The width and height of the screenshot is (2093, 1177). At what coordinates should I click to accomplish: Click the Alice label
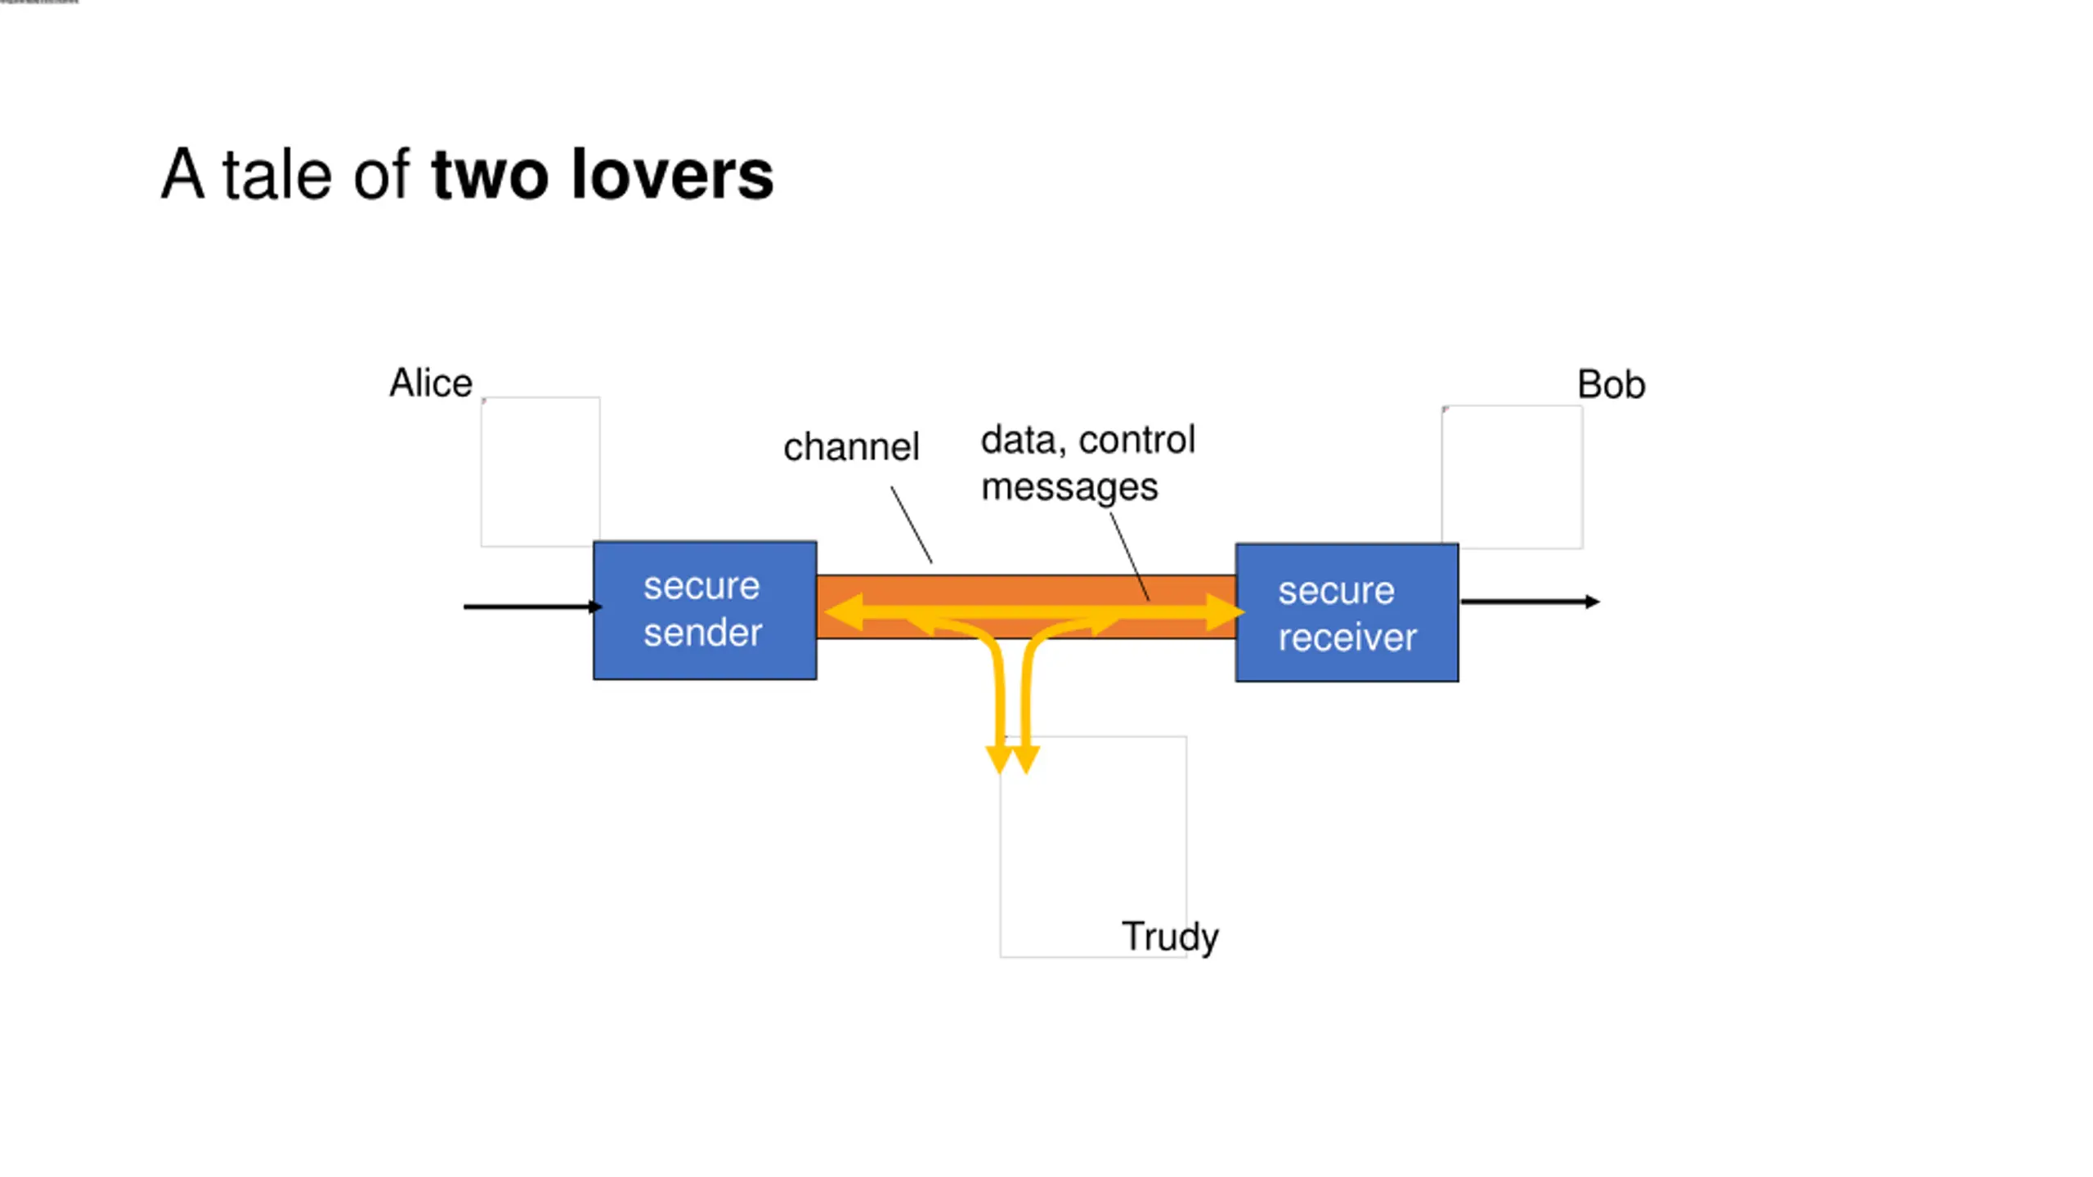(x=431, y=383)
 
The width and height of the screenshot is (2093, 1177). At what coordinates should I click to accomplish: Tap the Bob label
(x=1611, y=385)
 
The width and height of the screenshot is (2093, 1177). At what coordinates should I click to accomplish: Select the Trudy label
(x=1170, y=937)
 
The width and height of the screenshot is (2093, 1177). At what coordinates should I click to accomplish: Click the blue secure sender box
(x=705, y=610)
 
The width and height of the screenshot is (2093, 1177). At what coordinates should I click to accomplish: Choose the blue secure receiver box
(x=1347, y=612)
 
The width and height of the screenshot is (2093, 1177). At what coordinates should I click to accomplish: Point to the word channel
(x=851, y=447)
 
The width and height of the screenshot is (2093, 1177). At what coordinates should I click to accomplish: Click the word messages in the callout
(x=1069, y=488)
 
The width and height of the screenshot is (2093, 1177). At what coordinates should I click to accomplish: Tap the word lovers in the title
(x=672, y=175)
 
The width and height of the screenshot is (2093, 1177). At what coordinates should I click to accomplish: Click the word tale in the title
(x=277, y=175)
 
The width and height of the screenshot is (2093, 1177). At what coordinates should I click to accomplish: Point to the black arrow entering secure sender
(x=533, y=606)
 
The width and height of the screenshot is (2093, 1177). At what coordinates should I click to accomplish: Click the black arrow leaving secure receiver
(x=1530, y=602)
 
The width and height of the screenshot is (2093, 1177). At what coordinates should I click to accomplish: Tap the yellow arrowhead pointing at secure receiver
(x=1225, y=612)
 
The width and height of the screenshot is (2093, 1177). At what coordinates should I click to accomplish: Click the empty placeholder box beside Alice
(x=540, y=472)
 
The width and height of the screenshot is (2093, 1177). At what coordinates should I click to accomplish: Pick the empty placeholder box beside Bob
(x=1512, y=477)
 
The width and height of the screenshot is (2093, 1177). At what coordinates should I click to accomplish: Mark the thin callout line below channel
(x=912, y=525)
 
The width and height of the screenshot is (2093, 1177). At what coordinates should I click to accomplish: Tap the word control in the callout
(x=1137, y=441)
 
